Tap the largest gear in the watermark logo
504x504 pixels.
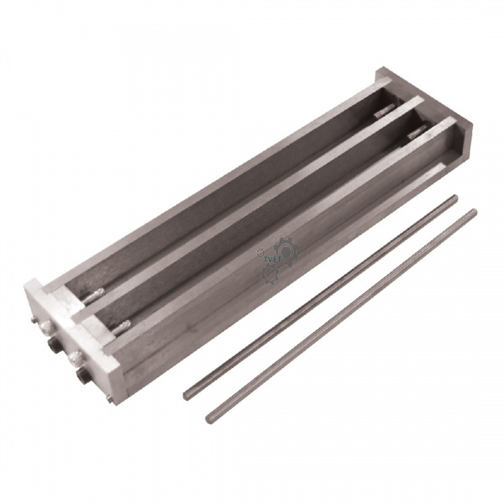[284, 249]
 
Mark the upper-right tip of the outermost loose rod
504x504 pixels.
[474, 213]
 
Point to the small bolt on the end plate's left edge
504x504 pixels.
[34, 320]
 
